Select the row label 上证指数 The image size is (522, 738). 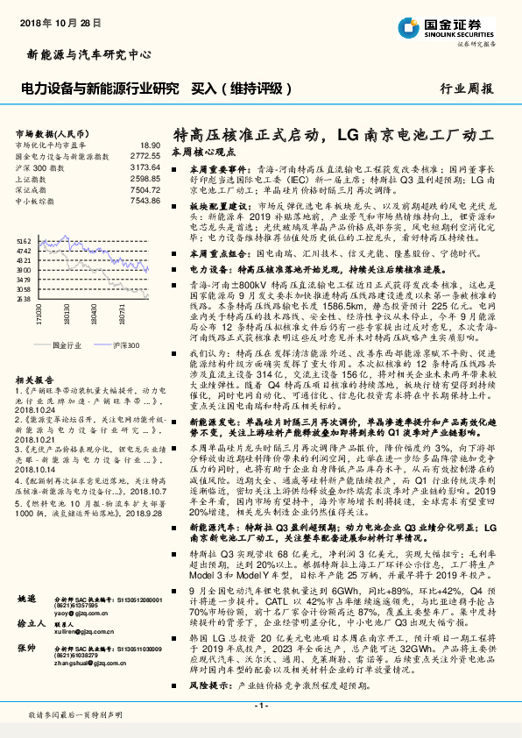tap(32, 178)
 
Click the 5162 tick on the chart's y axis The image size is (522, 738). tap(24, 240)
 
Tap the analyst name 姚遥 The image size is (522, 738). tap(27, 599)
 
